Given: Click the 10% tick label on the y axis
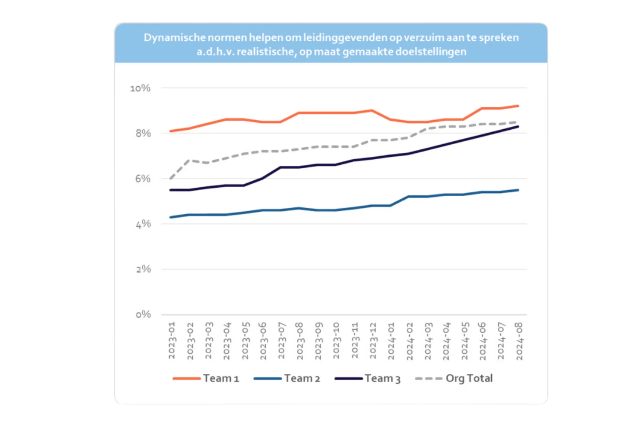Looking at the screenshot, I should coord(140,88).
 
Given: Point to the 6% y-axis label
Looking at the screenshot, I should coord(143,179).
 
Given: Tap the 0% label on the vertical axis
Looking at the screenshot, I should coord(143,314).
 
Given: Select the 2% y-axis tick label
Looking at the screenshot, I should coord(143,269).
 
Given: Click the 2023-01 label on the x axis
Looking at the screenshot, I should coord(172,340).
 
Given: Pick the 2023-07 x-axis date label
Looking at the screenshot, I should coord(281,340).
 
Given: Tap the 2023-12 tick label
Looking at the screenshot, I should coord(373,340).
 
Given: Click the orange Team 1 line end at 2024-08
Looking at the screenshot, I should coord(518,106).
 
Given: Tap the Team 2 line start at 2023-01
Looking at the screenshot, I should coord(171,217).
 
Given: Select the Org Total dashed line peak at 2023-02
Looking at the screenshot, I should coord(189,160).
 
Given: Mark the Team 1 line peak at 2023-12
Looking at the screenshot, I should coord(372,111).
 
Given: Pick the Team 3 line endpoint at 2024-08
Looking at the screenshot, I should coord(518,126).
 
